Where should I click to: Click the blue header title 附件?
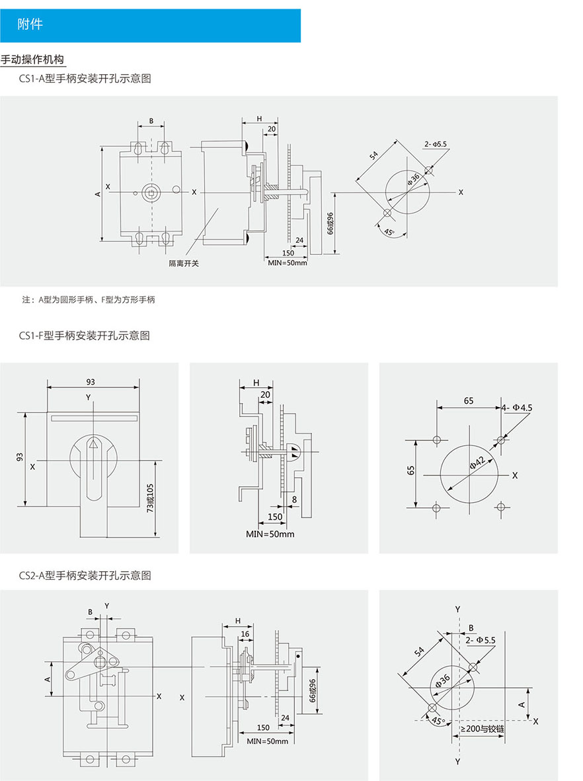point(30,24)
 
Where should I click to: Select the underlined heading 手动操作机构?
point(32,60)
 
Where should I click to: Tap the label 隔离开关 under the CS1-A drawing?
point(183,263)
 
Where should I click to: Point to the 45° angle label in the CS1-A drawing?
point(389,232)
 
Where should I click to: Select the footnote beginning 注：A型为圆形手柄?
point(89,300)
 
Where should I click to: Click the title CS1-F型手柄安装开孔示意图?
point(85,336)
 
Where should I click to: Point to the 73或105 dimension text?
point(150,498)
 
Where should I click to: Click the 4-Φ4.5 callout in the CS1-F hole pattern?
point(517,408)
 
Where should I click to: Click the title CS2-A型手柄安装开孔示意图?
point(85,575)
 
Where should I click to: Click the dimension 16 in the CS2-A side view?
point(245,633)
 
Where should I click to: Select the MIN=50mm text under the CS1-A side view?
point(288,263)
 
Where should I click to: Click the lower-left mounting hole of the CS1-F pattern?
point(436,508)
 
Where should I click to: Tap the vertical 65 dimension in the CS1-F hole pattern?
point(410,471)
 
